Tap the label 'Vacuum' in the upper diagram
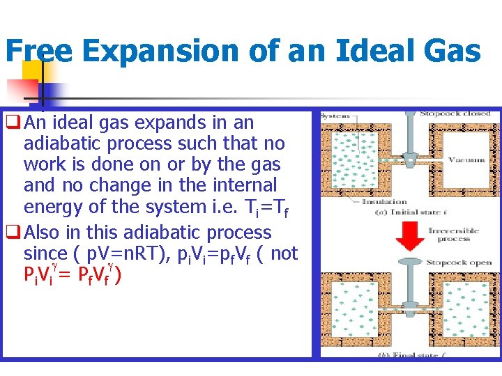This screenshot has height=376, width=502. [466, 160]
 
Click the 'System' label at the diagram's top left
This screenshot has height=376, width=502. [335, 116]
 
